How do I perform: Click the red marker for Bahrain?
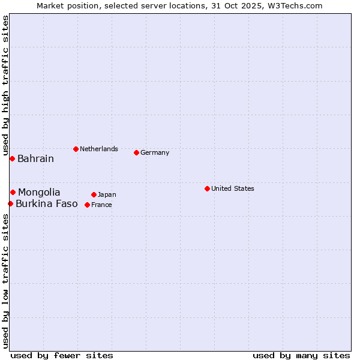(12, 158)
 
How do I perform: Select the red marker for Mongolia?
(13, 192)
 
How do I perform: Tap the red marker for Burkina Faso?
(10, 204)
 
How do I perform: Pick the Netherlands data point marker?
(76, 149)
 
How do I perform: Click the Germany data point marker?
(136, 152)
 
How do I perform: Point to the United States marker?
(207, 188)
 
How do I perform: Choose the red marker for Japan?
(94, 194)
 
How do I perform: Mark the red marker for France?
(87, 205)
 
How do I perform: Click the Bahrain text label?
(35, 159)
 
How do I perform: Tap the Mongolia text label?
(39, 193)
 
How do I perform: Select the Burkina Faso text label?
(46, 204)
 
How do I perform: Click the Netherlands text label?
(99, 149)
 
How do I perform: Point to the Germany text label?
(155, 152)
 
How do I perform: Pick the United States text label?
(233, 188)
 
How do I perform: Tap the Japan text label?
(107, 194)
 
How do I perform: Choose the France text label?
(101, 205)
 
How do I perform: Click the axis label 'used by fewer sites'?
(62, 355)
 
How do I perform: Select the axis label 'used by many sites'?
(301, 355)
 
